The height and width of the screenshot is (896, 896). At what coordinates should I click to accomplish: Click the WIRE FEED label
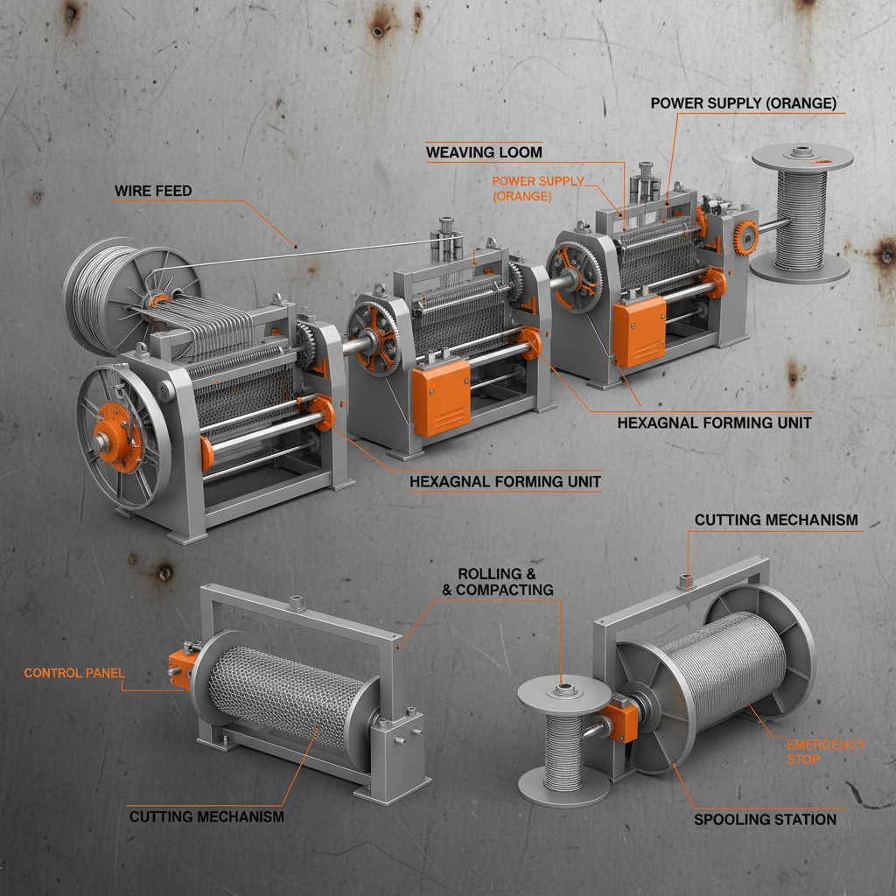[x=153, y=191]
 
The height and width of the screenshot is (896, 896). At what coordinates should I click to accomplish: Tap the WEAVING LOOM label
[x=484, y=152]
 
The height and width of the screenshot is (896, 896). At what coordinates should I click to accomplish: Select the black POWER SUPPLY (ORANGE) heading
[x=744, y=103]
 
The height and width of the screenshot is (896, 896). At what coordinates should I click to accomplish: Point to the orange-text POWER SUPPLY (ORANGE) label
[x=538, y=189]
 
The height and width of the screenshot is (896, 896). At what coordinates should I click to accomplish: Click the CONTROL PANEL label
[x=74, y=673]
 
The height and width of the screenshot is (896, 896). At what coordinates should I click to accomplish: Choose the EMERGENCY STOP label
[x=826, y=752]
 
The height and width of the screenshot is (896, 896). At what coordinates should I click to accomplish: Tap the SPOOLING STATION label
[x=765, y=819]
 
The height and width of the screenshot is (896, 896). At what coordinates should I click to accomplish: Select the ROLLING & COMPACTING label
[x=498, y=582]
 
